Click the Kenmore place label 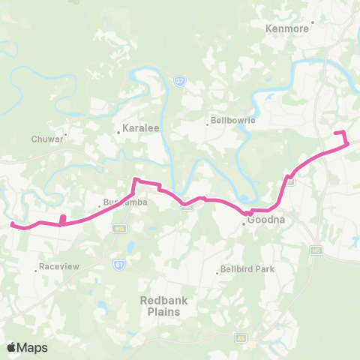(x=287, y=28)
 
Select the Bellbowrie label (x=232, y=120)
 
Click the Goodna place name (x=263, y=221)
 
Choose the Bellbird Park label (x=247, y=269)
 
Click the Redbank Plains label (x=160, y=305)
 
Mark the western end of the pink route (x=11, y=223)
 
